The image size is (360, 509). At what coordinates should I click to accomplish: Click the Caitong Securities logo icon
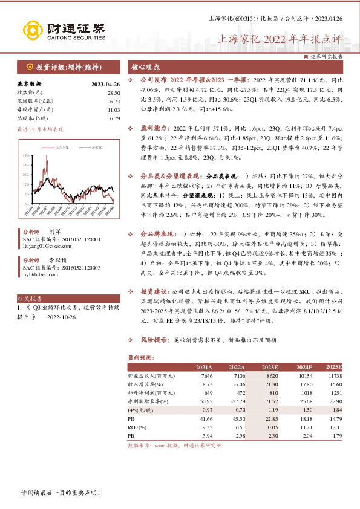[x=33, y=28]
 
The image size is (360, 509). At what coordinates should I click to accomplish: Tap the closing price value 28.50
[x=114, y=92]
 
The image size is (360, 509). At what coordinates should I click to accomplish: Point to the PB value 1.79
[x=336, y=435]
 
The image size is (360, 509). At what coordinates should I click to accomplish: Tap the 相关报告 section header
[x=28, y=299]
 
